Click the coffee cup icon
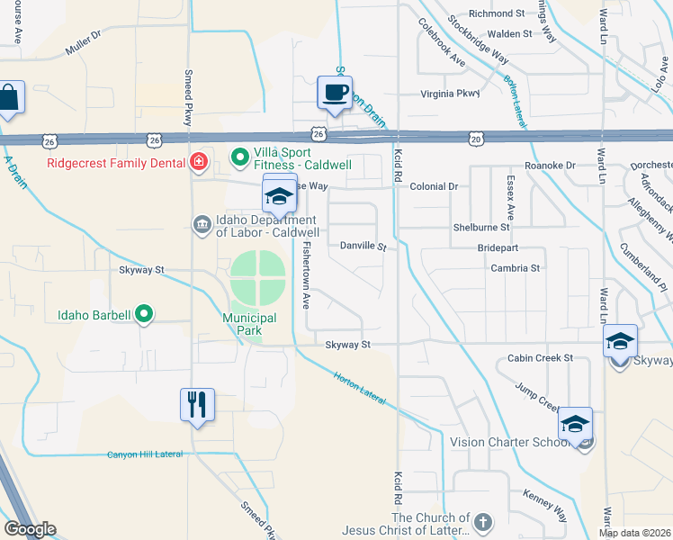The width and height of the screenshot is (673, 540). coord(335,93)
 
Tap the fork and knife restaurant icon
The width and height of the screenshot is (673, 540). coord(197,404)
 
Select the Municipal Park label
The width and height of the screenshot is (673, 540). coord(249,324)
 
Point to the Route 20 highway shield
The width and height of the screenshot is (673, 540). coord(476,138)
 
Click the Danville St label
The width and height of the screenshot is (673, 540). coord(363,246)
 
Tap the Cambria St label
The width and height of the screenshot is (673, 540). coord(515,268)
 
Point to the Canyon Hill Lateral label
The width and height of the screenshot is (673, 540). coord(144,454)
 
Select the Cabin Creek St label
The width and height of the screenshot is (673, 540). coord(539,358)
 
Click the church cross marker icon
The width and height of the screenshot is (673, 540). coord(483,523)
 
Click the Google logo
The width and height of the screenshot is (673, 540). coord(30,529)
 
